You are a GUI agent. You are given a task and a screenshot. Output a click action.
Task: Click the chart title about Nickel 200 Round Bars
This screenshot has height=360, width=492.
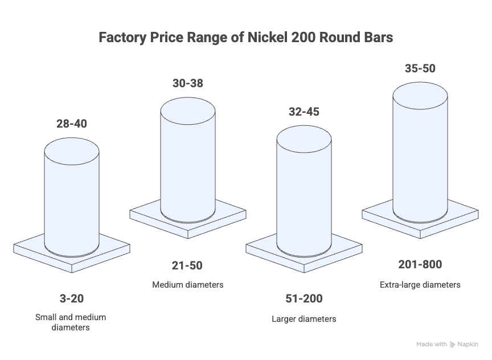(x=246, y=38)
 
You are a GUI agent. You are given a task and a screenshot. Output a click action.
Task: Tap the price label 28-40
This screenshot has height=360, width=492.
(x=72, y=124)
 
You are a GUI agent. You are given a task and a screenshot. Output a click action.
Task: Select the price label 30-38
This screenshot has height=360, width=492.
(x=187, y=83)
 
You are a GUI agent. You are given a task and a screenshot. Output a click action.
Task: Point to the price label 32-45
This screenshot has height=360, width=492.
(x=304, y=112)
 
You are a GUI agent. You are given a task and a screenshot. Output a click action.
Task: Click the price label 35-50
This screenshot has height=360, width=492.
(x=420, y=69)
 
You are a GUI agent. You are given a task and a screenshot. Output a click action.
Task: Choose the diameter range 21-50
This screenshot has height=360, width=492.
(x=187, y=265)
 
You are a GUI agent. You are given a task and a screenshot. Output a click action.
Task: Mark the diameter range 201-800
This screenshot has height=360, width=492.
(x=420, y=265)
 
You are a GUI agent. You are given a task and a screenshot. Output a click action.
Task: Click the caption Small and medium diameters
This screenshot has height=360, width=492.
(x=71, y=322)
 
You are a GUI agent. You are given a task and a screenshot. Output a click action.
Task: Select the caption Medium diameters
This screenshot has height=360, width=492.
(x=187, y=284)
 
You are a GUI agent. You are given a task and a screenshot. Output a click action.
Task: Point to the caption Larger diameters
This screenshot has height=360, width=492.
(x=304, y=318)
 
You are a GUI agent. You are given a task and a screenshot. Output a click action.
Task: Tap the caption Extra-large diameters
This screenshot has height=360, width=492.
(x=420, y=284)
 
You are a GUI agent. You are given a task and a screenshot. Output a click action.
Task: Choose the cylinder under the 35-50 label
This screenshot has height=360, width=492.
(x=421, y=151)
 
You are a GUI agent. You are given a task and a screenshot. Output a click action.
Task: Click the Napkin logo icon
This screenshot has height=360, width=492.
(x=453, y=345)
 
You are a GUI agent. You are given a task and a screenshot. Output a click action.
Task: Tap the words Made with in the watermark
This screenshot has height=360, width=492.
(x=432, y=345)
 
